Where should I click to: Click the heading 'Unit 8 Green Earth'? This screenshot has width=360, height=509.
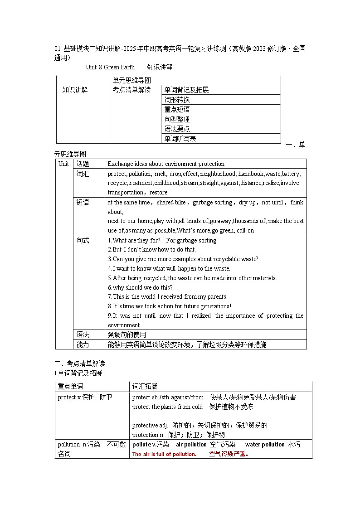pos(110,67)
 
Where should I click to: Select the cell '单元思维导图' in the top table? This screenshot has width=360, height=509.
pos(131,80)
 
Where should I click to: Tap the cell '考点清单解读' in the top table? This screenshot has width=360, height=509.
pos(131,90)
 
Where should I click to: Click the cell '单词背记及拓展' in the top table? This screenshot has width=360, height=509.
pos(186,90)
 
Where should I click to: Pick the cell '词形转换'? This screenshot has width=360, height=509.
pos(177,100)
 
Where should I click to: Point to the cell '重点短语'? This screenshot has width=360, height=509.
pos(177,109)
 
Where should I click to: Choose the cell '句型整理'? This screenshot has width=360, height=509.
pos(177,119)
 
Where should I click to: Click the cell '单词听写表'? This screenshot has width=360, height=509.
pos(180,139)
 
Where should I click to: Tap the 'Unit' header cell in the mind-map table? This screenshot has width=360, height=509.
pos(64,164)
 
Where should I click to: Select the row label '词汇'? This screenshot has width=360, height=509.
pos(83,174)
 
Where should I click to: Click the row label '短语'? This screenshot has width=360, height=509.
pos(83,202)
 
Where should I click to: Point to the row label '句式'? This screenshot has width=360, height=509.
pos(83,240)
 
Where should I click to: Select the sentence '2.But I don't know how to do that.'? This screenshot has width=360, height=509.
pos(151,249)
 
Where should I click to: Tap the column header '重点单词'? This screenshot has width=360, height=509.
pos(71,386)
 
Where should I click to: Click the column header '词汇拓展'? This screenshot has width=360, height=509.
pos(145,386)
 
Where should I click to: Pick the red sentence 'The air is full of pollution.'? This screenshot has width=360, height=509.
pos(164,454)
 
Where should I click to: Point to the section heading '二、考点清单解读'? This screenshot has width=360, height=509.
pos(79,364)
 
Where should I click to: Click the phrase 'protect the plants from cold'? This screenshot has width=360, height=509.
pos(167,407)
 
